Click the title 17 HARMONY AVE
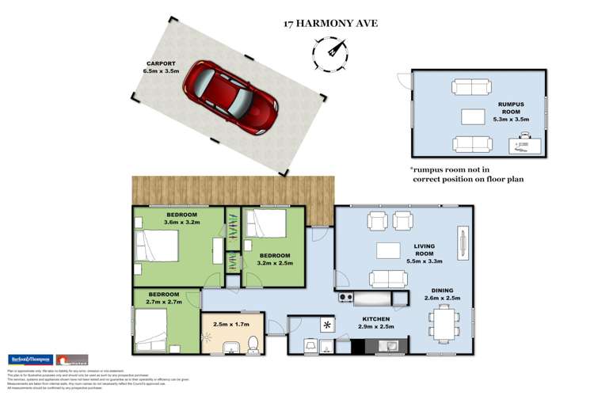click(x=330, y=24)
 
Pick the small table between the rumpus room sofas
click(x=473, y=116)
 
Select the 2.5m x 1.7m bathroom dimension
click(x=230, y=323)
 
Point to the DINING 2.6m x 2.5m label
click(x=443, y=295)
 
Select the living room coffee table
click(x=388, y=250)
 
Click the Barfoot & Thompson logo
click(x=29, y=359)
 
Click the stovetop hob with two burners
click(x=345, y=298)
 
